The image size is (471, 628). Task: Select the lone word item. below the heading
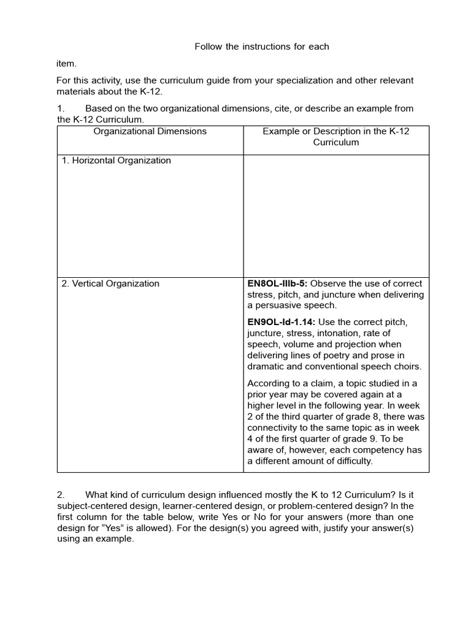(x=66, y=63)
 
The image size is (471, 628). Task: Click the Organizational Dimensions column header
(x=150, y=131)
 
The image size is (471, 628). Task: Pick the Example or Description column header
(x=336, y=136)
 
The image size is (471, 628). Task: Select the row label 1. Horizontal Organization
(x=116, y=161)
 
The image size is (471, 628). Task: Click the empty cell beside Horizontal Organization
(x=336, y=215)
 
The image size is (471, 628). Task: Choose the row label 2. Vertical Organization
(x=110, y=283)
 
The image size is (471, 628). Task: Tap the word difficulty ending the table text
(x=350, y=461)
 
